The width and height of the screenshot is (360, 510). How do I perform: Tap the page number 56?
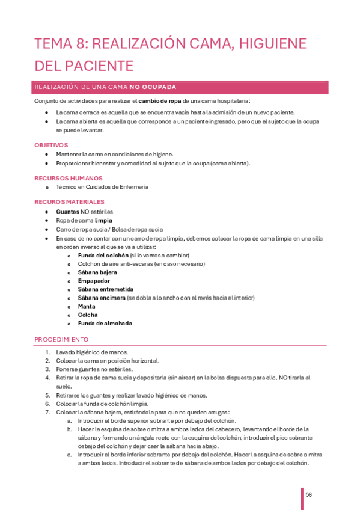pos(309,494)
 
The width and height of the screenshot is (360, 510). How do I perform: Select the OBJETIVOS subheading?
pos(51,145)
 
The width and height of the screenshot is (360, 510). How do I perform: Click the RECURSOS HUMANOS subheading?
pos(69,178)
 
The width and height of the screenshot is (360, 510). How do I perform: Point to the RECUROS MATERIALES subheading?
pos(70,202)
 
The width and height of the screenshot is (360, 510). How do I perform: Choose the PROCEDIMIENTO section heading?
pos(61,339)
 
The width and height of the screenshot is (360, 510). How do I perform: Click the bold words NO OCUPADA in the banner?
pos(153,87)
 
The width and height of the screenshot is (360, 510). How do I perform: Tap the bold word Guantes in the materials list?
pos(67,212)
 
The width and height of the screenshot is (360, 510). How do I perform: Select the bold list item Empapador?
pos(93,280)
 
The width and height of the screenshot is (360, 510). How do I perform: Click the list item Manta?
pos(87,306)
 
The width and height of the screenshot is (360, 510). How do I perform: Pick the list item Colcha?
pos(88,315)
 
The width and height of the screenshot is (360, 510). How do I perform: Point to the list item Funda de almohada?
pos(105,323)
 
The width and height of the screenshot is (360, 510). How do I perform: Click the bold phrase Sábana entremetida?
pos(106,289)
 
